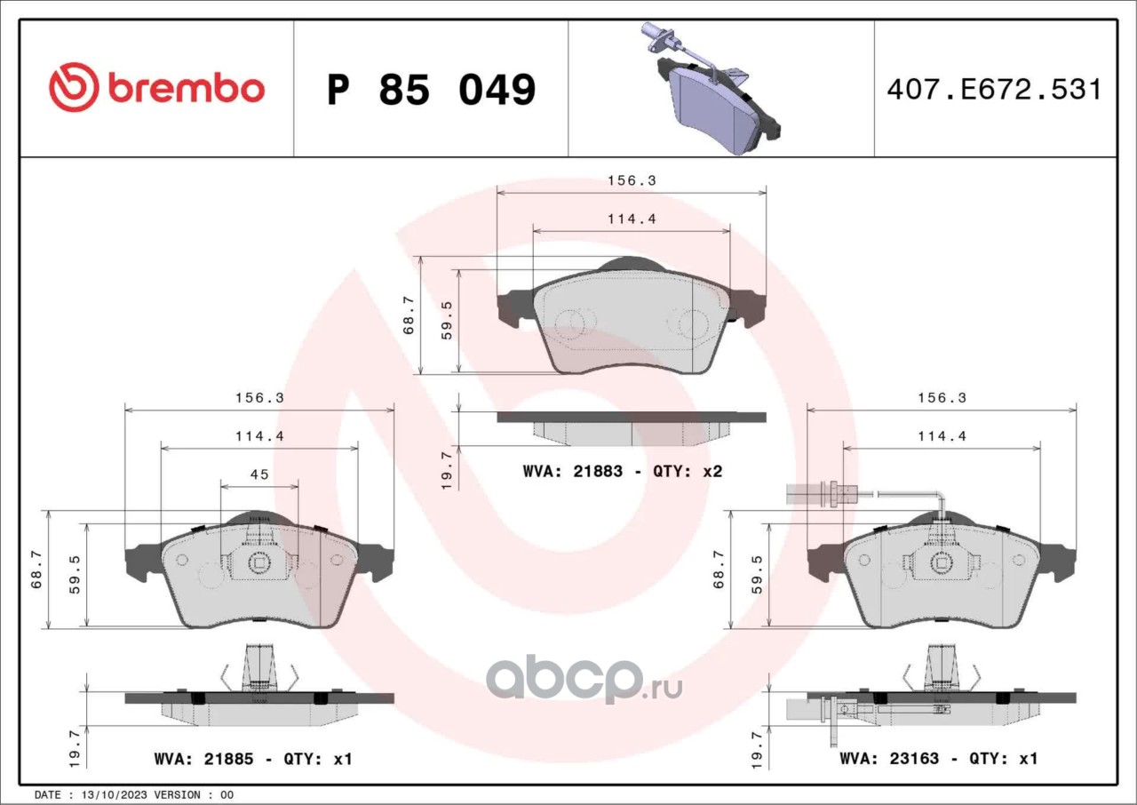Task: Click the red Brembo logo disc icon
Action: tap(73, 87)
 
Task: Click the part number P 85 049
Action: tap(431, 90)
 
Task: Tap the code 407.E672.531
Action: tap(994, 90)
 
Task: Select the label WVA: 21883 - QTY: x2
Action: tap(623, 472)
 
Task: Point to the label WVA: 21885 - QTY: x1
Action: tap(253, 760)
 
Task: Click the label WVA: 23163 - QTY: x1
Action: tap(939, 759)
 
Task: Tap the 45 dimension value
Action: tap(259, 474)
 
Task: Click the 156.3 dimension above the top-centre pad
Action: tap(632, 180)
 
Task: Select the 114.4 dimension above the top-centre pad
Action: tap(632, 219)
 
